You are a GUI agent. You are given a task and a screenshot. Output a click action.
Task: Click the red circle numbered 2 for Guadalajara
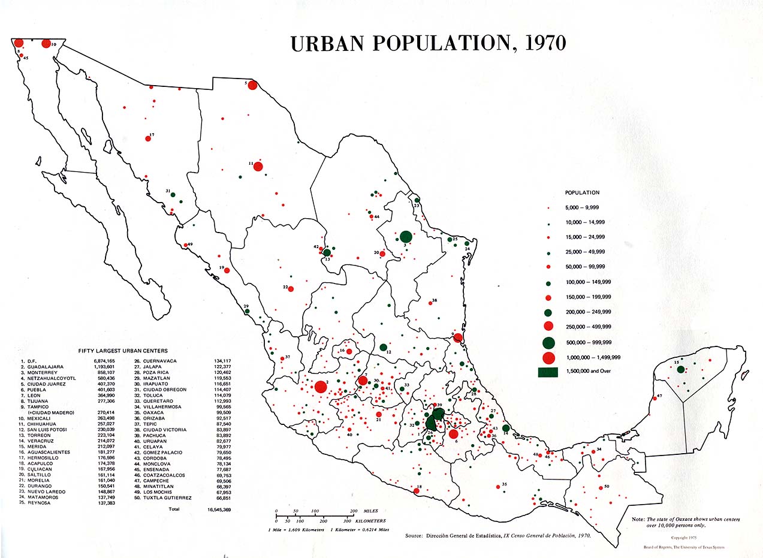321,387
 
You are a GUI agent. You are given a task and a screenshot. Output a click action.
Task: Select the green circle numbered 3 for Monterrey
406,237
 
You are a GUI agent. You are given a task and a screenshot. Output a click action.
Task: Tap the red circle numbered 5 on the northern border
252,85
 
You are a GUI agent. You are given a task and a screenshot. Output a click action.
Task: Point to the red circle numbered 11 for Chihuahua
258,166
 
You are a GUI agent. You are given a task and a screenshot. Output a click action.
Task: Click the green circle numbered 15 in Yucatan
681,369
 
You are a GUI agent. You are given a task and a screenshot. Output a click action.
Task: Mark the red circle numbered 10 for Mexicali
46,43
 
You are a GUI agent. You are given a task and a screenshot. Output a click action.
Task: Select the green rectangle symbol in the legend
548,372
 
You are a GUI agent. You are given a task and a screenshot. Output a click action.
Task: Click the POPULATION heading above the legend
582,193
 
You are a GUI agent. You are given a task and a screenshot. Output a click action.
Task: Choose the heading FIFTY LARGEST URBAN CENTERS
123,351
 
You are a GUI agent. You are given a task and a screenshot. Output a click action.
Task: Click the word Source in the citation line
414,535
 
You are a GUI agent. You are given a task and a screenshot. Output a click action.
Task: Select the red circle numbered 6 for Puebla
453,434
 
